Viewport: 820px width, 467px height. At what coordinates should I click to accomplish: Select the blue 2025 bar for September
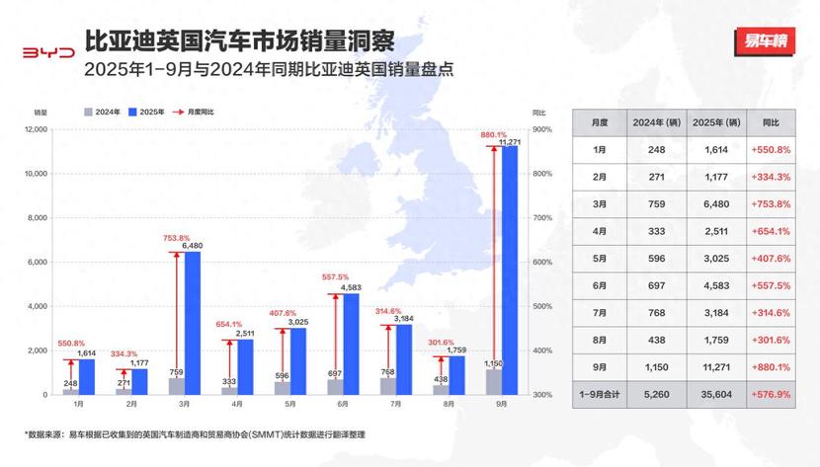510,271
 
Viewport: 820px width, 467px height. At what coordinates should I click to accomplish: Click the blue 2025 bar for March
192,323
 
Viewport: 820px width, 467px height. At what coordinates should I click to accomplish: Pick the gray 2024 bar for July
387,386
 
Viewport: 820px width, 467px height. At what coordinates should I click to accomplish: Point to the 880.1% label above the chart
494,134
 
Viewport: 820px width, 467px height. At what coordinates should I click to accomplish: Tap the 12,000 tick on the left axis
36,129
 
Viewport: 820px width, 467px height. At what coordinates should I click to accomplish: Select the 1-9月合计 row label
600,395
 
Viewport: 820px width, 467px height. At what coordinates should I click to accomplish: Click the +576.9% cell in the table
772,395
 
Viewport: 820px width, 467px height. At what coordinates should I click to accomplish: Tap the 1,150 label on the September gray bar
493,364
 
